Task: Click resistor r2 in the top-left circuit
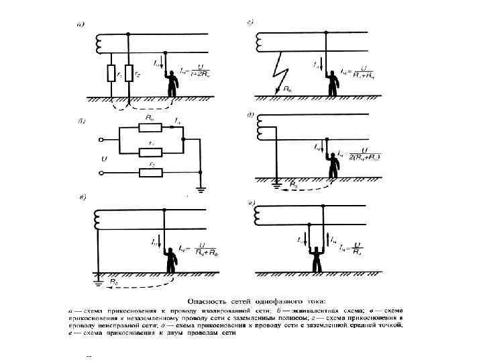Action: click(x=127, y=73)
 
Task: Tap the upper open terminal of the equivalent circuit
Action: click(x=101, y=140)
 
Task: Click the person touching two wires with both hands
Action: click(x=313, y=256)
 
